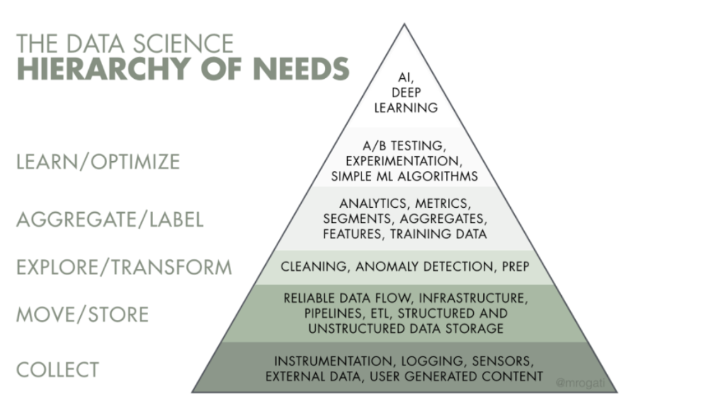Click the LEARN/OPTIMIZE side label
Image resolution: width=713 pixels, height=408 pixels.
98,162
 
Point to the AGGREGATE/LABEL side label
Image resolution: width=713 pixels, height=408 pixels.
110,219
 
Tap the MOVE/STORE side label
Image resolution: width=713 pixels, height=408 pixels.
83,314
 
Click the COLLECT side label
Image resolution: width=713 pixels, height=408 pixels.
57,370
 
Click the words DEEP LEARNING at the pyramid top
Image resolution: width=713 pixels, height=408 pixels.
406,99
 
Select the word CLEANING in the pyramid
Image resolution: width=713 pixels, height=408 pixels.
314,267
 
